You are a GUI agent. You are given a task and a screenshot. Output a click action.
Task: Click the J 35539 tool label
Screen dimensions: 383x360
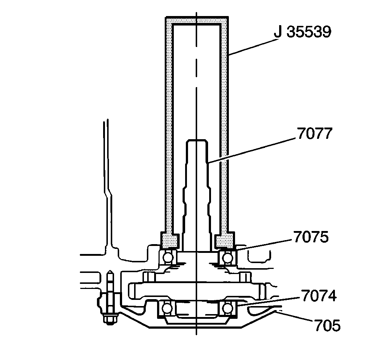302,32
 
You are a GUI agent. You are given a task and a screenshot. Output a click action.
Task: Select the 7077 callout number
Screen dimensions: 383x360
314,133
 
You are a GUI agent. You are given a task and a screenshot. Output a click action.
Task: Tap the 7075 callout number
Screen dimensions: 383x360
311,237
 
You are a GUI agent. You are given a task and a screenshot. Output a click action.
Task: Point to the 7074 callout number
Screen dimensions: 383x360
318,296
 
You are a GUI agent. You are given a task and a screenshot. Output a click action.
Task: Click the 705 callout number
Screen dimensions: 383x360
327,325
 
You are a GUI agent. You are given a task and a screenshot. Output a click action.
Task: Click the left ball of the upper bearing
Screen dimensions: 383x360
168,257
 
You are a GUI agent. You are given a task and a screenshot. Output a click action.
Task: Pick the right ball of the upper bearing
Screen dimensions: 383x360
227,257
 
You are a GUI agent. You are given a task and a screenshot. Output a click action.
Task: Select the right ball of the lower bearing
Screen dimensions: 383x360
227,308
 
